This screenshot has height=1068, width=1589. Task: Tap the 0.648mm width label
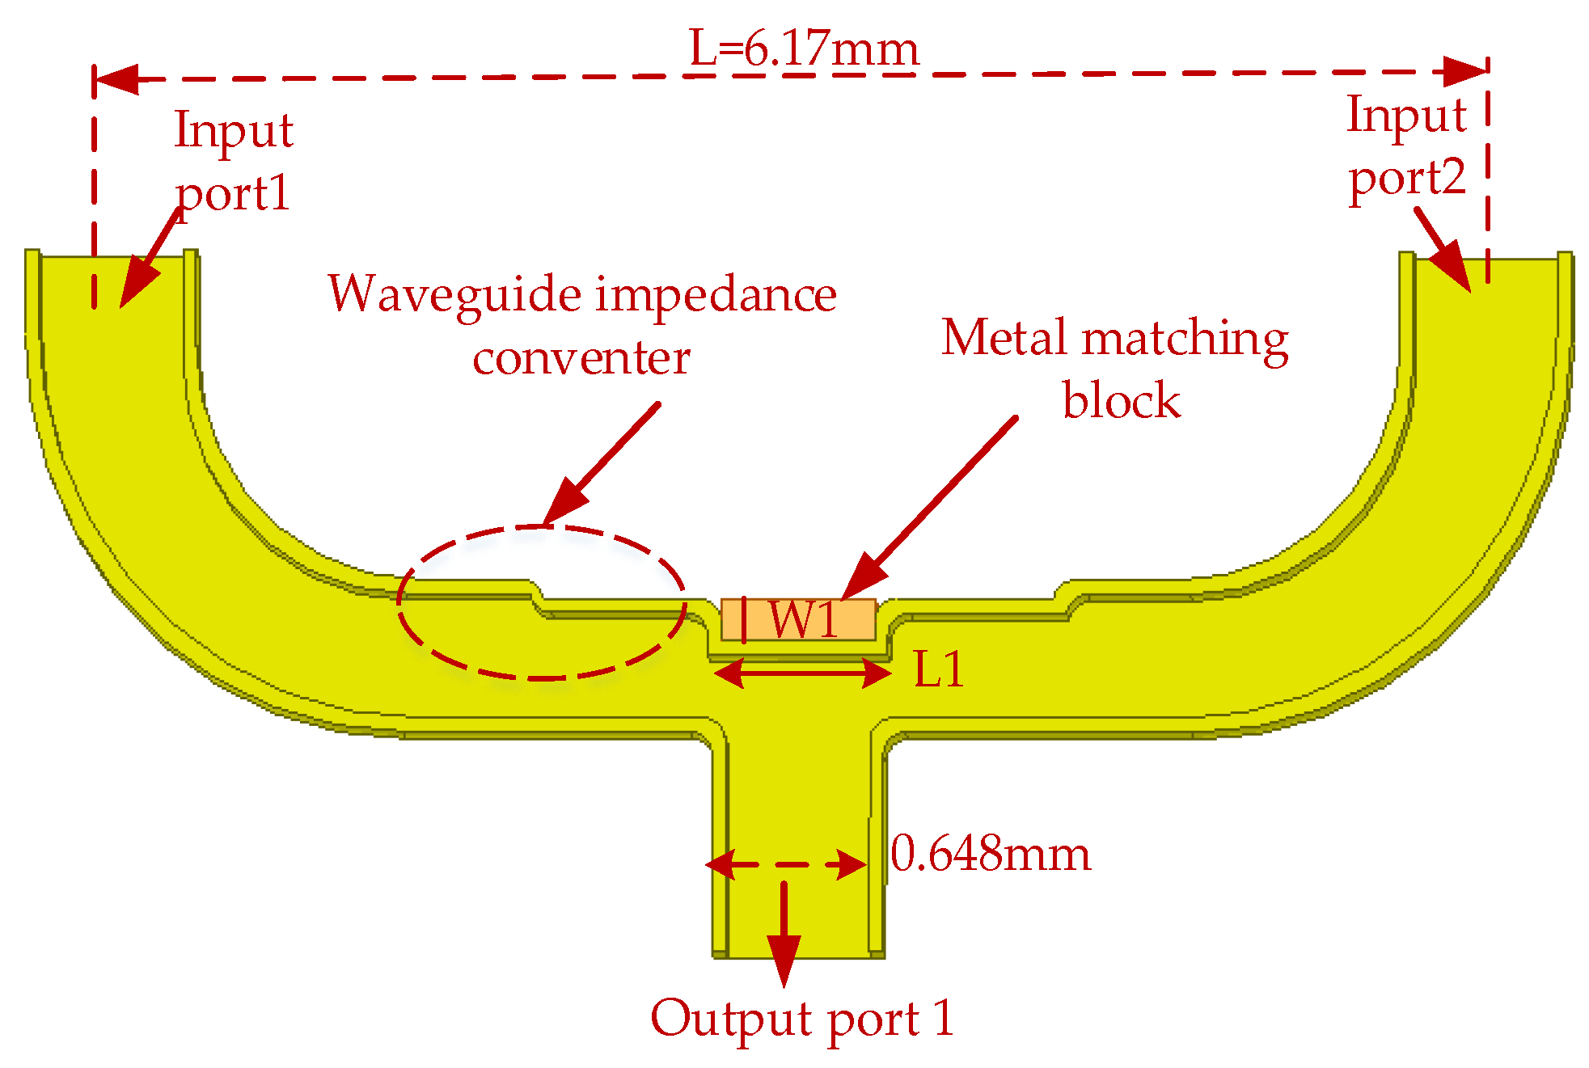point(991,854)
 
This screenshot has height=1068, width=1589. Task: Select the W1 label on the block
point(805,620)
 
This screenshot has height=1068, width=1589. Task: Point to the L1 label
point(939,669)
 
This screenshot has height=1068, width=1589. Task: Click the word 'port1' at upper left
point(233,194)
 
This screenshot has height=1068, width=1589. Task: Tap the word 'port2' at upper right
point(1407,178)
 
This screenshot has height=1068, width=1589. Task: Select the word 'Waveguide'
point(454,294)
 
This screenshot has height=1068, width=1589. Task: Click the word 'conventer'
point(581,357)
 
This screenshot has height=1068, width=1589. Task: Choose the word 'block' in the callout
point(1121,400)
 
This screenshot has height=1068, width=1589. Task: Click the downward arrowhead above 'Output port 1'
point(784,958)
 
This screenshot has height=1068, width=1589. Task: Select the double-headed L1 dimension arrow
point(803,673)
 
